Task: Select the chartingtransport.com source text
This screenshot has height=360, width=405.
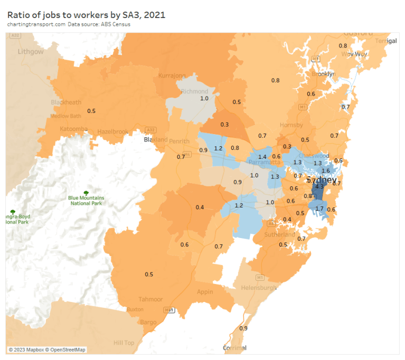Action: pyautogui.click(x=36, y=24)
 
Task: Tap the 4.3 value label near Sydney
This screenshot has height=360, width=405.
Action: pyautogui.click(x=319, y=187)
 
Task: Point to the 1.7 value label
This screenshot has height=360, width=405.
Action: pyautogui.click(x=319, y=209)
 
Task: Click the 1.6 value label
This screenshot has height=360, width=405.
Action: pyautogui.click(x=325, y=170)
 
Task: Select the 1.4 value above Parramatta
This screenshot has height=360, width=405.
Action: pyautogui.click(x=262, y=157)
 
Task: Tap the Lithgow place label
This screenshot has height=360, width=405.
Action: pyautogui.click(x=31, y=52)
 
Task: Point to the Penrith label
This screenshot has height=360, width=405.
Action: pyautogui.click(x=179, y=141)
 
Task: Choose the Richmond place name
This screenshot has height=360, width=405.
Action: pyautogui.click(x=195, y=91)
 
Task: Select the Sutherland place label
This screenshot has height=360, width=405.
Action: pyautogui.click(x=280, y=234)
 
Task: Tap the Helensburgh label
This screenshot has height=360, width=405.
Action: pyautogui.click(x=259, y=288)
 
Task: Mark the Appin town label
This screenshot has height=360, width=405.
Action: pyautogui.click(x=205, y=292)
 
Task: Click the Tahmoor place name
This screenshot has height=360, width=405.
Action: pyautogui.click(x=150, y=299)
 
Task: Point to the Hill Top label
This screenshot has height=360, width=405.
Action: pyautogui.click(x=124, y=343)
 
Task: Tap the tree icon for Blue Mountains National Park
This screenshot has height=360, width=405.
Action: pyautogui.click(x=87, y=193)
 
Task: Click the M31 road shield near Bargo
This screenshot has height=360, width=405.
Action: pyautogui.click(x=168, y=310)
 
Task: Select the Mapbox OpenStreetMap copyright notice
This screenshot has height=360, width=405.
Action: pyautogui.click(x=47, y=349)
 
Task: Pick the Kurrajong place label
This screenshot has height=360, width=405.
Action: pyautogui.click(x=172, y=76)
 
